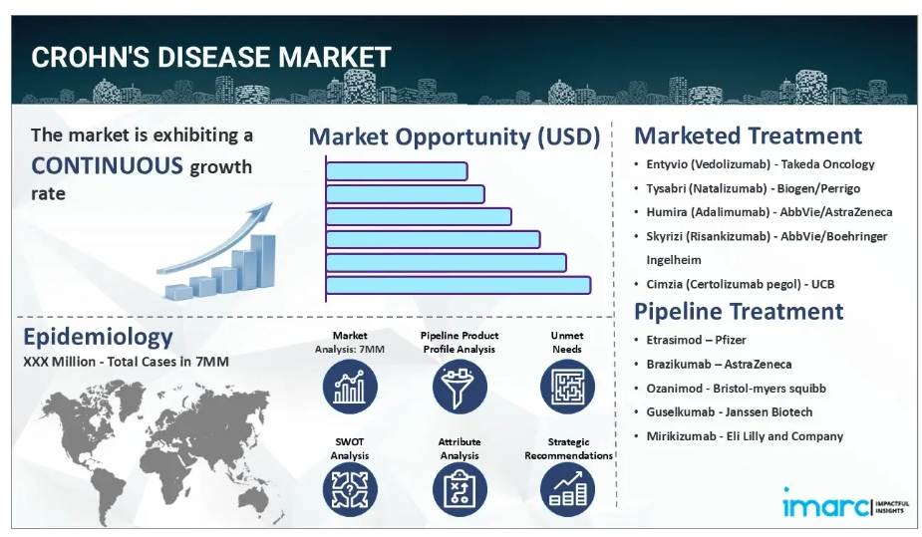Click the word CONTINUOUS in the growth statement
107,165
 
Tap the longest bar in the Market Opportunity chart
459,286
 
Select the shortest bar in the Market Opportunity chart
397,171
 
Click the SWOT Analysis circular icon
350,490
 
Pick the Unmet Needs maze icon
567,387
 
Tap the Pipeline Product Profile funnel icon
460,387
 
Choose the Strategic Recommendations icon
567,490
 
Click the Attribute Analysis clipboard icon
460,490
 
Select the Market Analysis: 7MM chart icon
350,387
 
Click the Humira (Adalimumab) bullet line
769,212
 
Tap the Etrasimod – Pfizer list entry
696,340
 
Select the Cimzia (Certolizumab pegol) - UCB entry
741,284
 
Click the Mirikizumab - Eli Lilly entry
745,436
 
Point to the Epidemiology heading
98,337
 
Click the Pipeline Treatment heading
739,311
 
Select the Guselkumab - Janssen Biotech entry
730,411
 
